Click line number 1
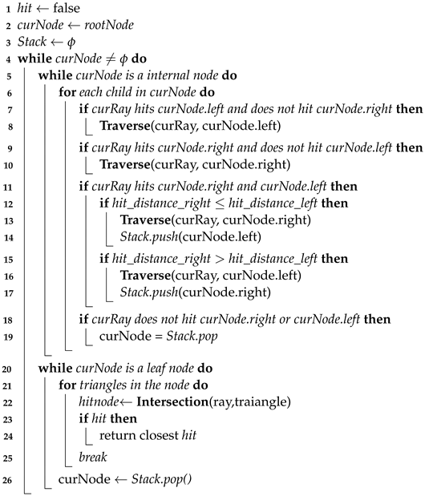coord(6,10)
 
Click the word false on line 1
coord(70,10)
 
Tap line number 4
coord(6,59)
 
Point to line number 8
coord(6,126)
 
